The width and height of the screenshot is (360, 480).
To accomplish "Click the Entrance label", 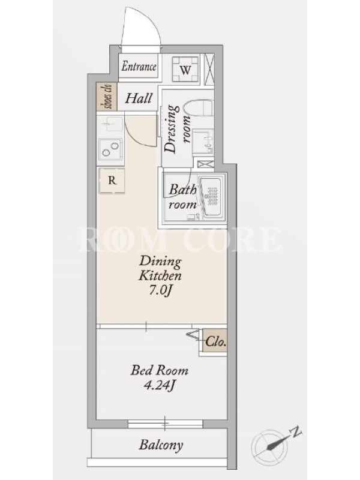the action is pyautogui.click(x=139, y=67).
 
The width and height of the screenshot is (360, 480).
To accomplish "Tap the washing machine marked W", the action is pyautogui.click(x=185, y=69).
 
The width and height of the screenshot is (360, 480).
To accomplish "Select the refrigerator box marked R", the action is pyautogui.click(x=112, y=181).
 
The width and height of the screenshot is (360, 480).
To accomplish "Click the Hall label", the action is pyautogui.click(x=139, y=98).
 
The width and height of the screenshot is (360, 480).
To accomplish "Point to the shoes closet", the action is pyautogui.click(x=107, y=97).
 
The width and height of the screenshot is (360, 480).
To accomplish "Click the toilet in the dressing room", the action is pyautogui.click(x=199, y=108).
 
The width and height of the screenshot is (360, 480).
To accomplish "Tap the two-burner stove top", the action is pyautogui.click(x=110, y=150).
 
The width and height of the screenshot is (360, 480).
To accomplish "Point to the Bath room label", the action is pyautogui.click(x=182, y=197).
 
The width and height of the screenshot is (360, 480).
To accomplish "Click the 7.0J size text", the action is pyautogui.click(x=160, y=290).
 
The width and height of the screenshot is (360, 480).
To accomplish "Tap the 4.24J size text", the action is pyautogui.click(x=159, y=385).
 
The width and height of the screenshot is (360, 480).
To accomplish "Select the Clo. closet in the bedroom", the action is pyautogui.click(x=215, y=341).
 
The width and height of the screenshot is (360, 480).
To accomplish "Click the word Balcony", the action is pyautogui.click(x=161, y=445).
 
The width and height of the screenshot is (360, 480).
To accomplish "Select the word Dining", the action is pyautogui.click(x=160, y=262).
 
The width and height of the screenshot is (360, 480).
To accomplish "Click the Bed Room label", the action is pyautogui.click(x=160, y=370).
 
